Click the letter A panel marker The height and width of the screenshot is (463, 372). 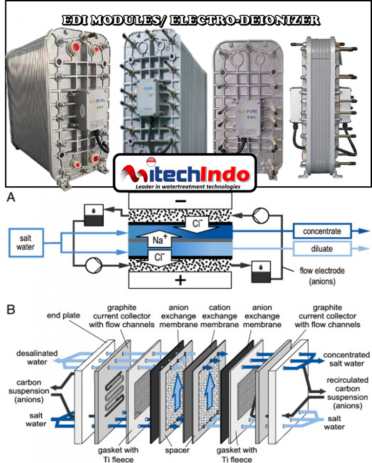point(10,198)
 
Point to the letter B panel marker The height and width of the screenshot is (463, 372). point(10,309)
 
